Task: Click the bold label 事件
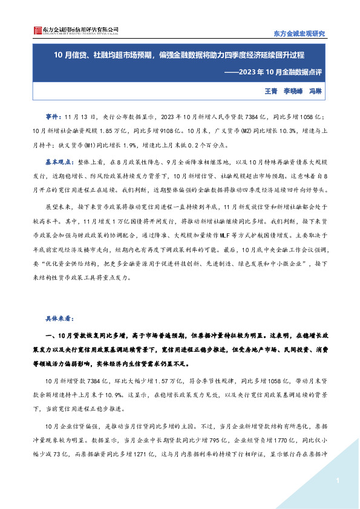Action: tap(53, 115)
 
